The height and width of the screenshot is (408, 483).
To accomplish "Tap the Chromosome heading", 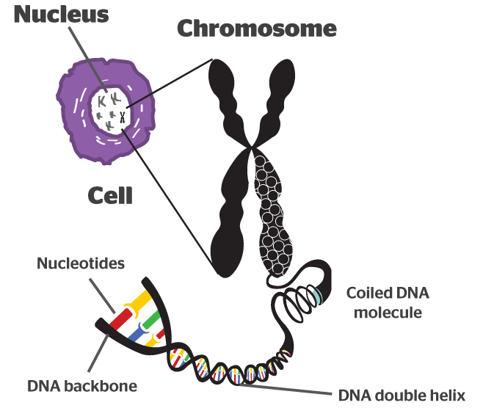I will (256, 29).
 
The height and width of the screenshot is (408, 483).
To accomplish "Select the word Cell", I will (110, 196).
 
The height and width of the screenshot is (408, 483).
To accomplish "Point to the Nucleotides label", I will (81, 262).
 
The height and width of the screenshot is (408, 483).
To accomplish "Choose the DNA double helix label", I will (402, 396).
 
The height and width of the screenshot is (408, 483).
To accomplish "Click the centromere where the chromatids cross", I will (252, 147).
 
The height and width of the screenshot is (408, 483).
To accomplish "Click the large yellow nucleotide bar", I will (147, 302).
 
